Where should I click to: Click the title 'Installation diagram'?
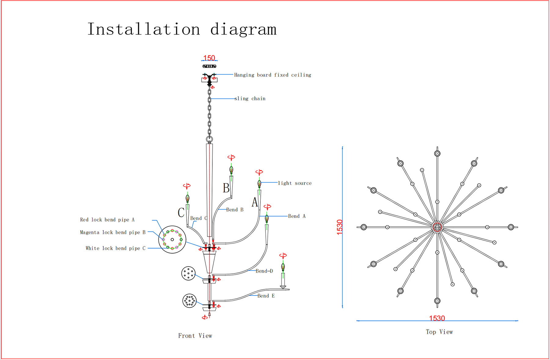coord(182,30)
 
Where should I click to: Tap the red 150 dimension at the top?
coord(209,58)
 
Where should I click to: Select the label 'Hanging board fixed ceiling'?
coord(273,75)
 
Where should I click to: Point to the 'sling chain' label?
coord(250,98)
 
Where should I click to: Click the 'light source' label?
coord(295,183)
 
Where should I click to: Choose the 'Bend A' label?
coord(297,216)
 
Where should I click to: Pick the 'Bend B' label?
coord(235,210)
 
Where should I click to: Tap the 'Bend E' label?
coord(266,296)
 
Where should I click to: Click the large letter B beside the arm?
coord(226,188)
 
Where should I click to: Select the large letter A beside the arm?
coord(255,202)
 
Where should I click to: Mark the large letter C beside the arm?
coord(181,212)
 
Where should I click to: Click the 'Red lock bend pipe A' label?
coord(107,220)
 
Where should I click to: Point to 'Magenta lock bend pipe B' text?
coord(113,232)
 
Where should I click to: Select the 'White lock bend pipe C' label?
coord(116,248)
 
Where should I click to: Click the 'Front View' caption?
coord(195,336)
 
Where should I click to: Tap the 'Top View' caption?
coord(439,332)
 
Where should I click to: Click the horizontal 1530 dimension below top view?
coord(437,318)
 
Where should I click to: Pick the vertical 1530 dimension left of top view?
coord(339,227)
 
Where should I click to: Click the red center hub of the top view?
coord(437,227)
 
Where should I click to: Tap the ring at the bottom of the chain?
coord(209,139)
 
